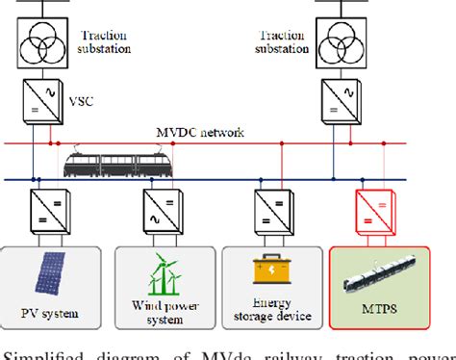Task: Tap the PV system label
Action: pyautogui.click(x=51, y=313)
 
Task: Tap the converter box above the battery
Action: pyautogui.click(x=270, y=209)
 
